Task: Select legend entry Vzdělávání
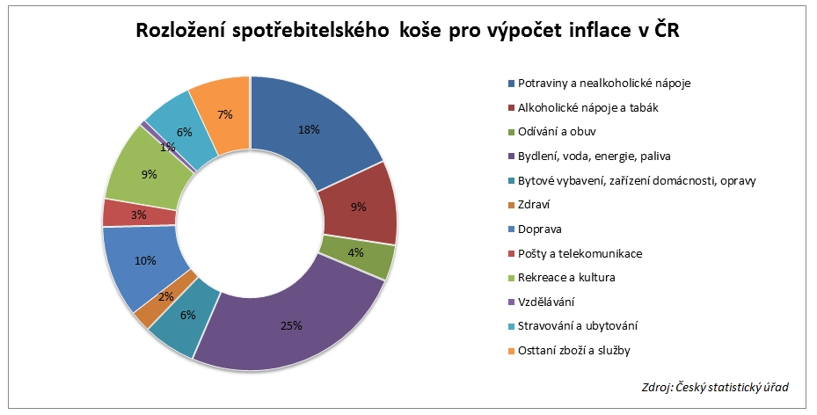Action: pos(546,302)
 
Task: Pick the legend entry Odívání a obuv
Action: pos(557,133)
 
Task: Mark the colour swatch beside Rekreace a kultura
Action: pos(511,278)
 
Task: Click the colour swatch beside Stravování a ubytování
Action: pos(511,326)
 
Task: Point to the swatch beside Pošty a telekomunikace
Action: pos(511,254)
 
